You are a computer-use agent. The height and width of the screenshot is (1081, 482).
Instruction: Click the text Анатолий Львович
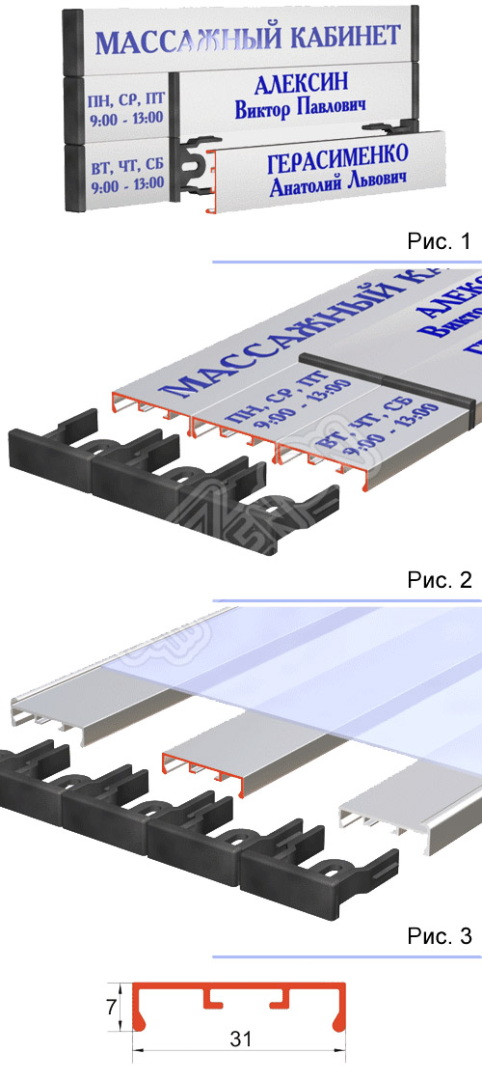tap(335, 181)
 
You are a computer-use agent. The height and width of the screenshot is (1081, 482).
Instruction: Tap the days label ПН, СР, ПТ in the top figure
tap(125, 99)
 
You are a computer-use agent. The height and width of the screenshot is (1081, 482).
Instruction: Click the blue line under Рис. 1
tap(346, 262)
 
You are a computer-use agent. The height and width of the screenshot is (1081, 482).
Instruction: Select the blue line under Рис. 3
tap(346, 956)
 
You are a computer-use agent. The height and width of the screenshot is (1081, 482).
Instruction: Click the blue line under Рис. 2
tap(346, 601)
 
